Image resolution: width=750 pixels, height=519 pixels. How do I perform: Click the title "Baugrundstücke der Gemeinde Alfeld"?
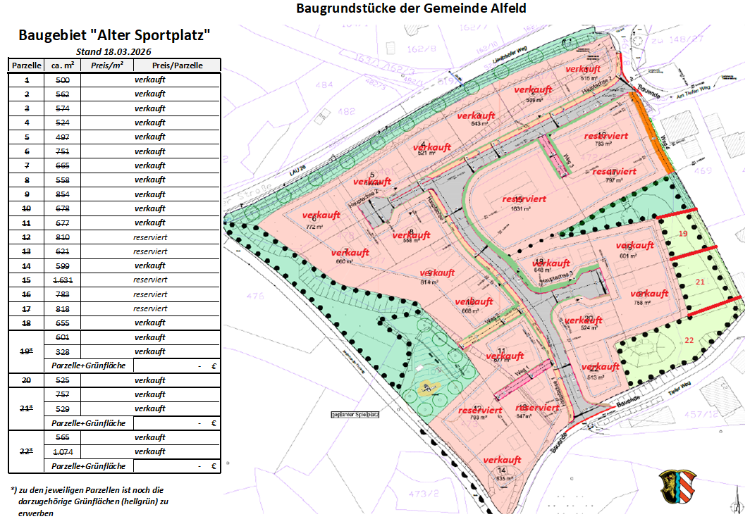tap(411, 8)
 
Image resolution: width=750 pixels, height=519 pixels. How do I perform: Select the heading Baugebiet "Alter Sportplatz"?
tap(114, 35)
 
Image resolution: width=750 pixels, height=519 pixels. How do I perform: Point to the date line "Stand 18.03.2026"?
tap(113, 51)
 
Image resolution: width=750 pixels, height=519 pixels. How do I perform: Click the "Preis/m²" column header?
tap(106, 65)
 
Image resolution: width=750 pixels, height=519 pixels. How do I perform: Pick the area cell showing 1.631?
tap(63, 280)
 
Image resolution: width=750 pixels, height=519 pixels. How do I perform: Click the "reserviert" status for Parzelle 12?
tap(150, 237)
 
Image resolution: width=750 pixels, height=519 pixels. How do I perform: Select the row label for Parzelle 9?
tap(27, 194)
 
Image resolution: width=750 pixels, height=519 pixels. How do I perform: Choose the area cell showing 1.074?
tap(63, 451)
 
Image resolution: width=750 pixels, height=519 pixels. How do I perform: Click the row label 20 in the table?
tap(27, 380)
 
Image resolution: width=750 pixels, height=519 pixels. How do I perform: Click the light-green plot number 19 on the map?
tap(682, 233)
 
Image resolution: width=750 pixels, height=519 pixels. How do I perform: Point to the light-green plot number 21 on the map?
tap(700, 282)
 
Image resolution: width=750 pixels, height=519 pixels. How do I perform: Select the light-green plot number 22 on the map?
tap(689, 340)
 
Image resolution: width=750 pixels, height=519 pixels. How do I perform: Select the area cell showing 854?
tap(63, 194)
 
